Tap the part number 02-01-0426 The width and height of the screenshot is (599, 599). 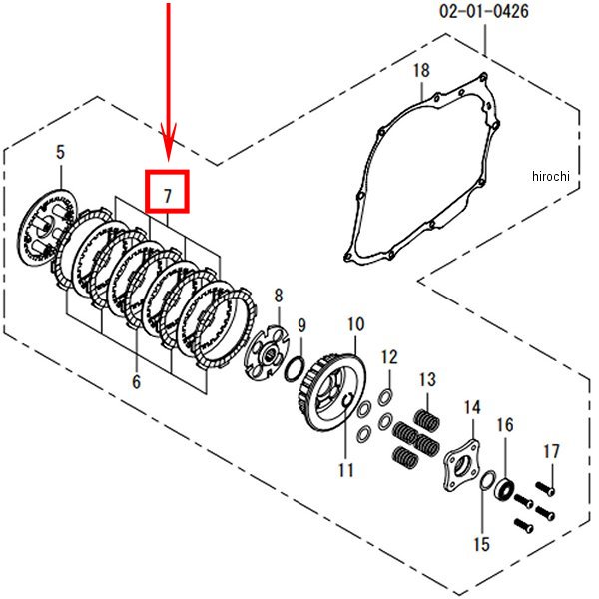pyautogui.click(x=483, y=12)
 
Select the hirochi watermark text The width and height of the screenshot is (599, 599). pyautogui.click(x=548, y=176)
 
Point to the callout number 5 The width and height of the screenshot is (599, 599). pyautogui.click(x=60, y=152)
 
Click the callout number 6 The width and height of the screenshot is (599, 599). pyautogui.click(x=136, y=381)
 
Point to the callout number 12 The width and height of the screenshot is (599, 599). pyautogui.click(x=390, y=356)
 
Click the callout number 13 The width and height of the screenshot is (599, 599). pyautogui.click(x=427, y=380)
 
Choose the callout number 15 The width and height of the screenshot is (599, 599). pyautogui.click(x=481, y=544)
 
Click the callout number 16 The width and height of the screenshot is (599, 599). pyautogui.click(x=505, y=425)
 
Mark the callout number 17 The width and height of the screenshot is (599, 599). pyautogui.click(x=551, y=450)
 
